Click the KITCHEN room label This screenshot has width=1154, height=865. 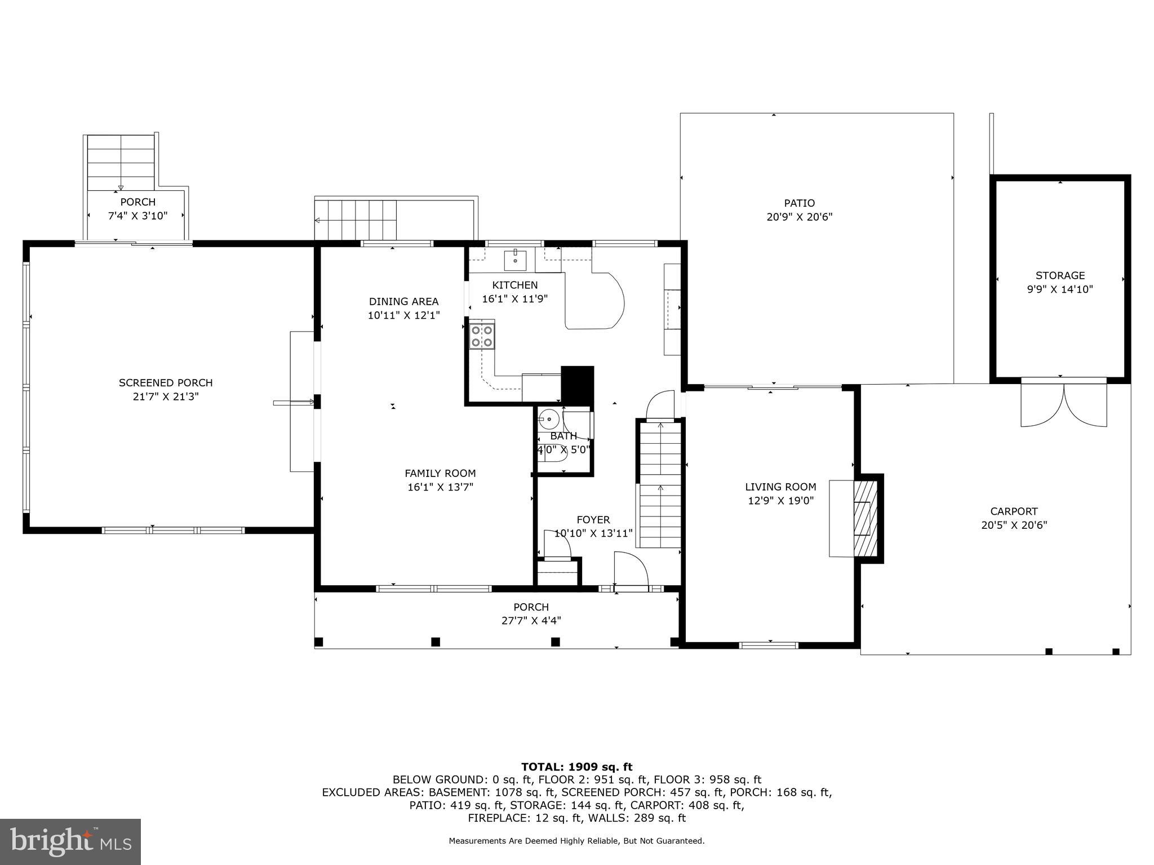click(x=515, y=285)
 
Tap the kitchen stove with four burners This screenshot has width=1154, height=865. click(x=482, y=336)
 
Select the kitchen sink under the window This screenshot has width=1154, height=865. click(x=515, y=260)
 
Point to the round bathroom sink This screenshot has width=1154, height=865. click(x=548, y=419)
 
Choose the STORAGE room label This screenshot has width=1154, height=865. click(x=1060, y=275)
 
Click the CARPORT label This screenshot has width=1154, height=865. click(x=1014, y=511)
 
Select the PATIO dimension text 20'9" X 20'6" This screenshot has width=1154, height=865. click(x=799, y=217)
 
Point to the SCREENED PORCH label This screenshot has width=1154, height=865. click(x=166, y=383)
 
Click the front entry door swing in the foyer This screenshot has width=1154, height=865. click(x=631, y=570)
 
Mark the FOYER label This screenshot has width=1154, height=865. click(x=593, y=520)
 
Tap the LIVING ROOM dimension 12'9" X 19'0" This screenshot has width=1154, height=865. click(x=780, y=501)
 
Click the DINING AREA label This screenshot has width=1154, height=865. click(x=403, y=302)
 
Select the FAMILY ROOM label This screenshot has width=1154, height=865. click(x=440, y=474)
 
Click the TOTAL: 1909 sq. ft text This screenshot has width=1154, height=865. click(x=576, y=766)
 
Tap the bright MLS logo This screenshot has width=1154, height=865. click(x=70, y=842)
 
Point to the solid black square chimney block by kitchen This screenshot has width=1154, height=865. click(x=578, y=385)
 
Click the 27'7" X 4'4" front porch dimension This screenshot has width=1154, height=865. click(x=531, y=621)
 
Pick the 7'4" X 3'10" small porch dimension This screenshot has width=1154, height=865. click(x=138, y=215)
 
